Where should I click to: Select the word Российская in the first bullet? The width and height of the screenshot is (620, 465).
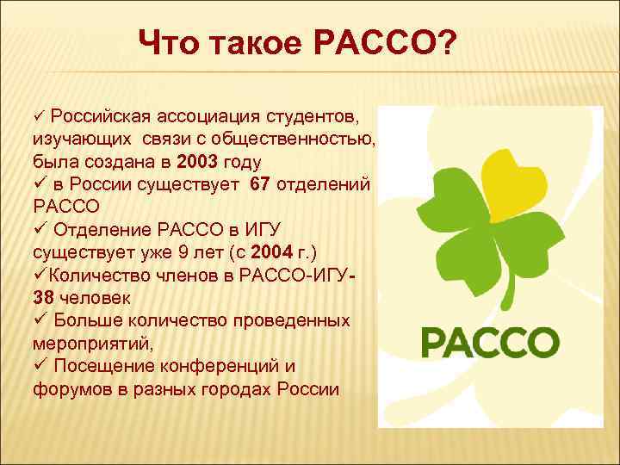[x=101, y=115]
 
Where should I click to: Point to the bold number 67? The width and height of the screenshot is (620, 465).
[x=263, y=184]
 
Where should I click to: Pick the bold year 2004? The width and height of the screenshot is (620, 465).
[x=282, y=252]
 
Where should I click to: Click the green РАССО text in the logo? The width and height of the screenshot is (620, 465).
[x=489, y=342]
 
